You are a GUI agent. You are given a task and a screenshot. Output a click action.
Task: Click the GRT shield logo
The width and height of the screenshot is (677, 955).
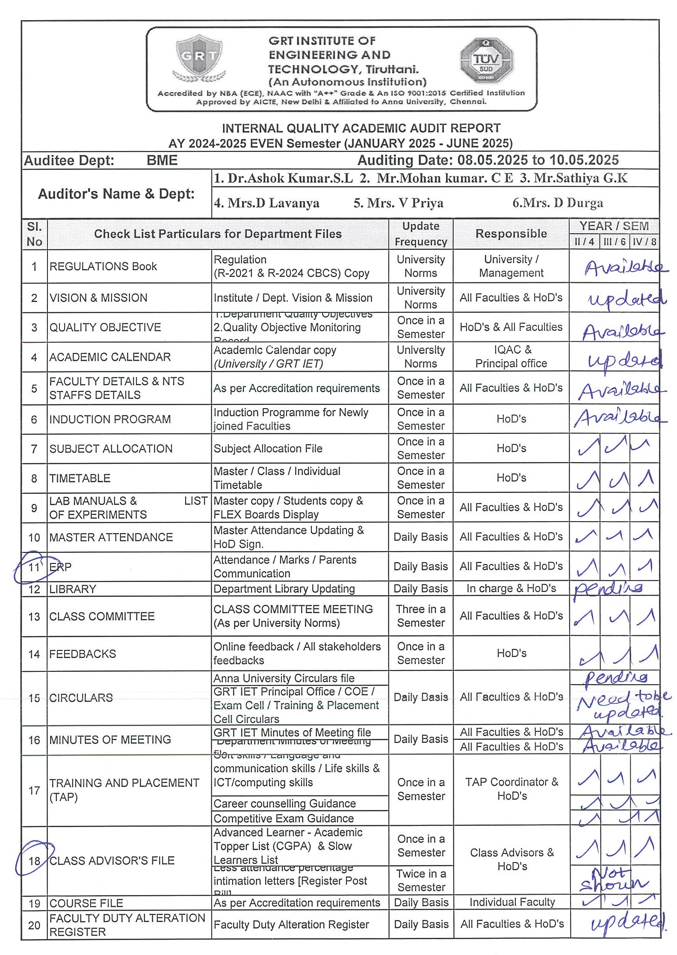coord(199,57)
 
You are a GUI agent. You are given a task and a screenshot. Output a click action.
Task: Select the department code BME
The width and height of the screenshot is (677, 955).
coord(162,160)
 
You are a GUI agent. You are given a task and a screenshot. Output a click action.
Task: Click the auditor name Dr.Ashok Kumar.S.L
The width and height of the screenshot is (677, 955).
coord(284,178)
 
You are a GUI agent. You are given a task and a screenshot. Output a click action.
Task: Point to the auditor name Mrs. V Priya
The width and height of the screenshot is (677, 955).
coord(398,203)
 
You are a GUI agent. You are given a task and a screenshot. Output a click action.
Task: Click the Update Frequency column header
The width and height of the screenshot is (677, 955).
coord(420,234)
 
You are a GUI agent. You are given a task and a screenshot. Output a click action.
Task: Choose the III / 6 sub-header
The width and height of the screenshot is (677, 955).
coord(614,242)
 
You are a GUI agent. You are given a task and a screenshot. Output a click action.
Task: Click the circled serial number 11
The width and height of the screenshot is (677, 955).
coord(34,567)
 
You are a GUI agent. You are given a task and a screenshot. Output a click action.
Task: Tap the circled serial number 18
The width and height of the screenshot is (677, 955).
coord(34,860)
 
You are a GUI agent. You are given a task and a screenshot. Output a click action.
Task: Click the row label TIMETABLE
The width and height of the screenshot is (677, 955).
coord(80,478)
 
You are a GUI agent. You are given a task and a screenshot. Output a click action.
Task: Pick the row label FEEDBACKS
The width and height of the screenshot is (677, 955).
coord(83,654)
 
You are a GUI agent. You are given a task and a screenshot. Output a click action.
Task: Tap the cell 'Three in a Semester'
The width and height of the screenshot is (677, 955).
coord(421,616)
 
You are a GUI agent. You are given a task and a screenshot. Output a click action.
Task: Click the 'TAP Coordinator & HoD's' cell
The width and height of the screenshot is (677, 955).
coord(511,789)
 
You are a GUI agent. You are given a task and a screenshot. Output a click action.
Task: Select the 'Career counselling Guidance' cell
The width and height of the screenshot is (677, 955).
coord(284,804)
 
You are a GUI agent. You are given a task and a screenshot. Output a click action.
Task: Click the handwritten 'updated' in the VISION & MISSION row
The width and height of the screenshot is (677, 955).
coord(626,299)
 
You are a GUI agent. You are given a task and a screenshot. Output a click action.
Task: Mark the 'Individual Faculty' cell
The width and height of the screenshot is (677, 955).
coord(512,902)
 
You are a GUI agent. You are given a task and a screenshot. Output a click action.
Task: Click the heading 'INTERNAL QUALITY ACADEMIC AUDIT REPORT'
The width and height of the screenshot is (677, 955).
coord(361,128)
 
